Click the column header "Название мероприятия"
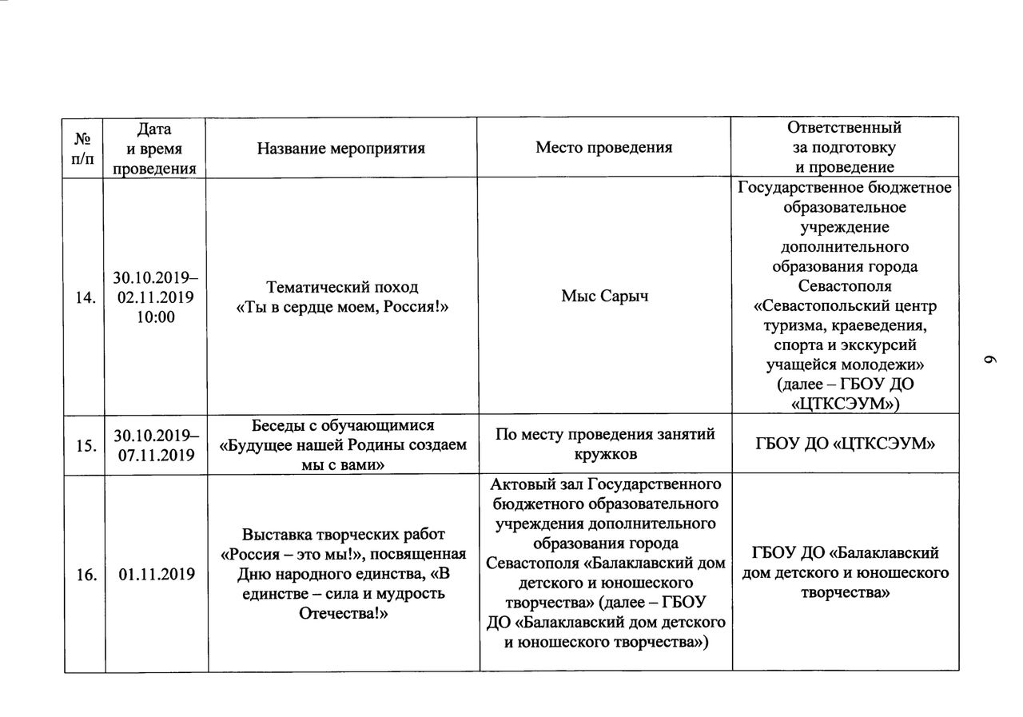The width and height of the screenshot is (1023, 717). point(340,148)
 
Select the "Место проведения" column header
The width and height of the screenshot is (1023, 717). point(603,148)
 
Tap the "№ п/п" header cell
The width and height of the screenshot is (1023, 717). point(83,148)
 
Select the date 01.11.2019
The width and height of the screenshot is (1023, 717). point(157,574)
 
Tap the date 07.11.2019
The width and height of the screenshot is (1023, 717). point(155,456)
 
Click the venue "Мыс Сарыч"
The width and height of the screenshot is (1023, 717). point(603,297)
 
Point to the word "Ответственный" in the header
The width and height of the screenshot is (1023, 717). point(844,128)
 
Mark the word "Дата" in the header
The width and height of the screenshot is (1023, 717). point(154,128)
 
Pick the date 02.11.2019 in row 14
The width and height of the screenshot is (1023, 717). point(155,297)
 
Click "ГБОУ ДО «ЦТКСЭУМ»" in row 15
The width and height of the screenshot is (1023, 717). point(844,446)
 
